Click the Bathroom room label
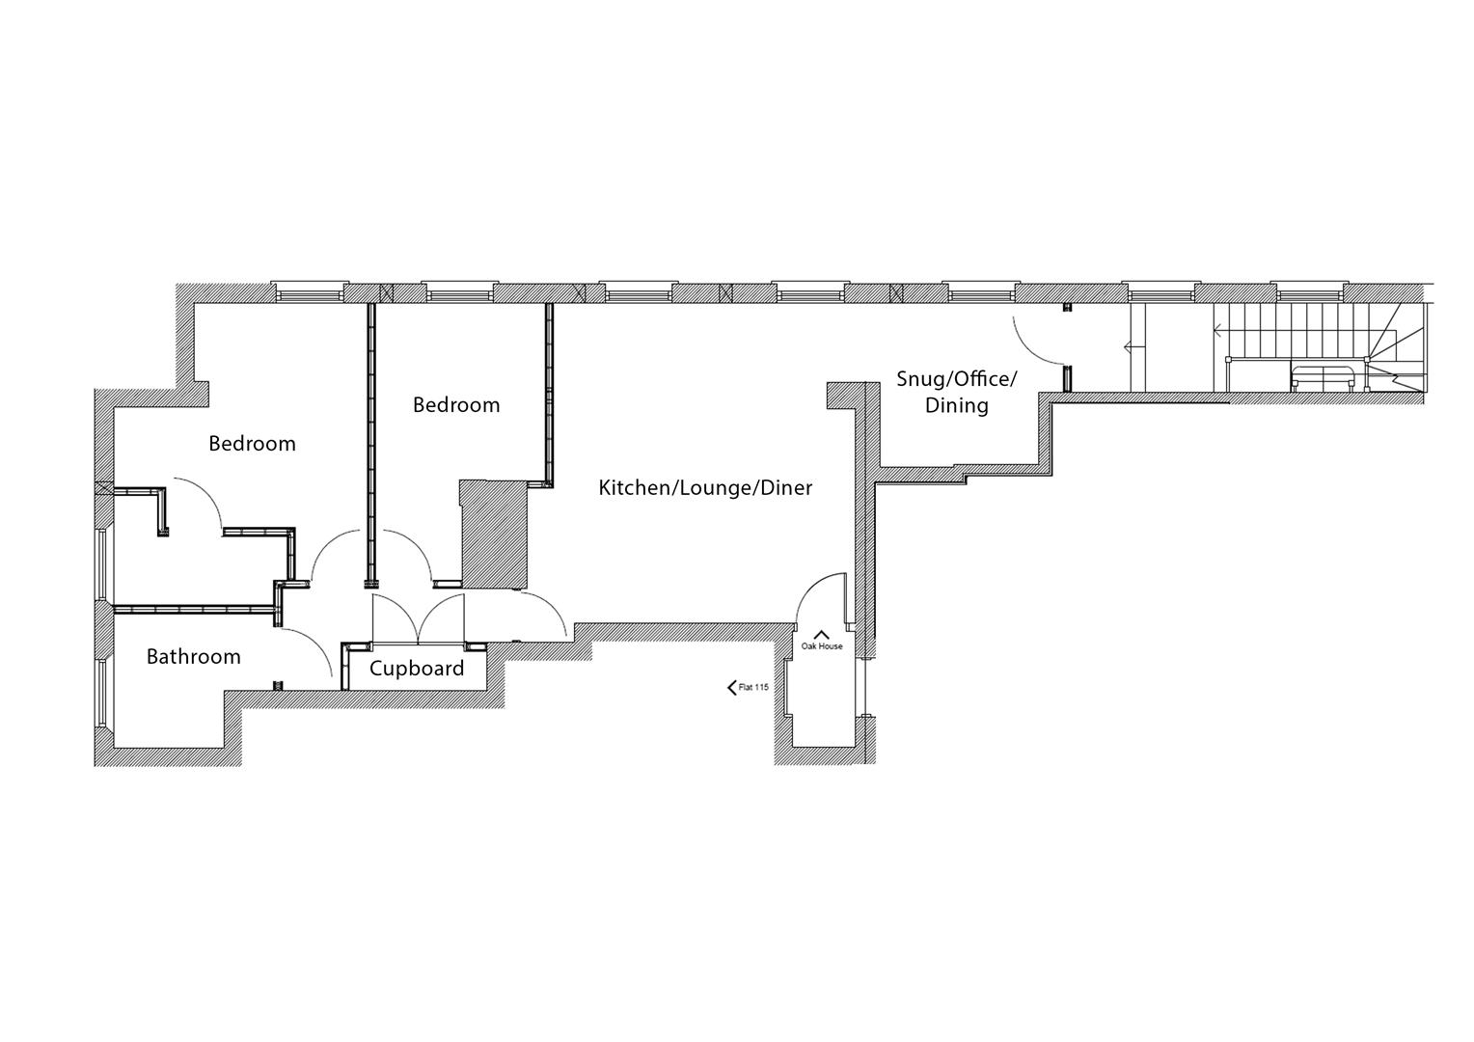click(x=193, y=657)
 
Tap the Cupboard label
click(x=417, y=669)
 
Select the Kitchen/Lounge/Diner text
click(x=705, y=488)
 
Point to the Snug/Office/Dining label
click(x=956, y=392)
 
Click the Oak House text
click(x=822, y=646)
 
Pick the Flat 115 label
click(x=753, y=688)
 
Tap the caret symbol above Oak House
click(x=822, y=634)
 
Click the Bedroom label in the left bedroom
click(x=252, y=444)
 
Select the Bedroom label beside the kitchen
click(x=456, y=405)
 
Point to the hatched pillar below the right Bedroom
click(x=493, y=535)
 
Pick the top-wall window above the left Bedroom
click(x=308, y=290)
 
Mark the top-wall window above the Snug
click(x=980, y=290)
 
